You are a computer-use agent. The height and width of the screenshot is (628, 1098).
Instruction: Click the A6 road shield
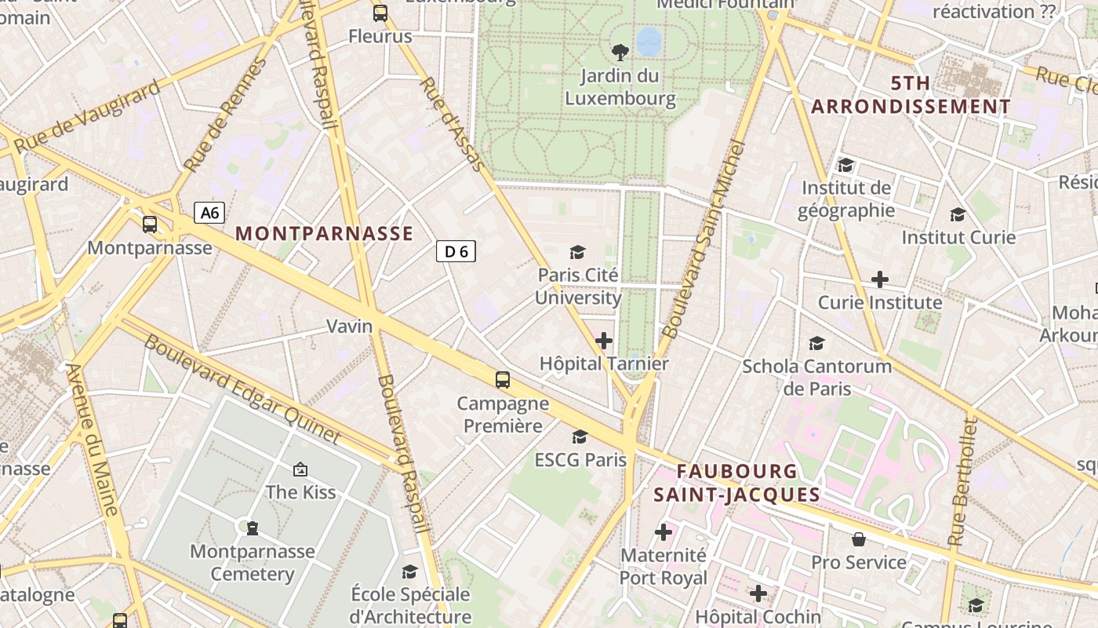pyautogui.click(x=209, y=212)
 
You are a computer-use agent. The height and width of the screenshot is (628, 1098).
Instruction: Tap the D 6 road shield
pyautogui.click(x=456, y=251)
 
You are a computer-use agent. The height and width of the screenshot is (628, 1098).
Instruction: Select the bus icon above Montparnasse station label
pyautogui.click(x=150, y=225)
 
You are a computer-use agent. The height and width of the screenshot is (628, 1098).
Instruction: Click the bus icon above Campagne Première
pyautogui.click(x=503, y=380)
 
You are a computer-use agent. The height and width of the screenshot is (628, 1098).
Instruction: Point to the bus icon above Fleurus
pyautogui.click(x=380, y=13)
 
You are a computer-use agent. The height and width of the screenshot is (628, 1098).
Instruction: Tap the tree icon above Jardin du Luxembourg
pyautogui.click(x=620, y=53)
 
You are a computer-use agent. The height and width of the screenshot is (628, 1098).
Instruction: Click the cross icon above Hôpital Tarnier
pyautogui.click(x=604, y=341)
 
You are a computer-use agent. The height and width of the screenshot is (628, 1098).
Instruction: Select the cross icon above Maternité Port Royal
pyautogui.click(x=664, y=532)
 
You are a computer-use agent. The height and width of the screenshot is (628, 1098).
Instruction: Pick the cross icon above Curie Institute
pyautogui.click(x=880, y=279)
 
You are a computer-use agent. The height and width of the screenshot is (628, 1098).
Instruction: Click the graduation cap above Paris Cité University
pyautogui.click(x=578, y=252)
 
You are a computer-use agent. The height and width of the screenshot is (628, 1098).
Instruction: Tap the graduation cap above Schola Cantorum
pyautogui.click(x=816, y=343)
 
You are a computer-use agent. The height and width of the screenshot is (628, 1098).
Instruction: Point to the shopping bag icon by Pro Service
pyautogui.click(x=859, y=539)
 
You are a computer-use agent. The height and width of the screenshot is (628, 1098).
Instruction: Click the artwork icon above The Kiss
pyautogui.click(x=300, y=469)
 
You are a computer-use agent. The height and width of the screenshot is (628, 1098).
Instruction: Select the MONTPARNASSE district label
pyautogui.click(x=324, y=233)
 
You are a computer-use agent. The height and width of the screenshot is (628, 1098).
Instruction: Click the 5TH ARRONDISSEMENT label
pyautogui.click(x=911, y=94)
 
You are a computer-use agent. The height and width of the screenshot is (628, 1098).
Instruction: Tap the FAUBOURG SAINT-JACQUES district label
pyautogui.click(x=736, y=483)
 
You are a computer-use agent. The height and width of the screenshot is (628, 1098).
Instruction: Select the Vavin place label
pyautogui.click(x=349, y=326)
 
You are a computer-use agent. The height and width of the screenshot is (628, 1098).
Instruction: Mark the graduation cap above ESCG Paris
pyautogui.click(x=580, y=436)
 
